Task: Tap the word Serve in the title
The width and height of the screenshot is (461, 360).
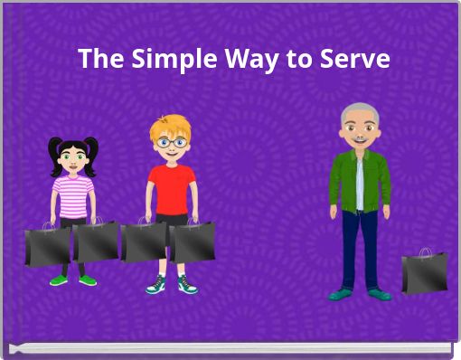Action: coord(358,59)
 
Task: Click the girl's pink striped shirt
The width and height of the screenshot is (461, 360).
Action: coord(72,195)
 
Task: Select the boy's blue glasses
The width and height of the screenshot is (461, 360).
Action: coord(171,141)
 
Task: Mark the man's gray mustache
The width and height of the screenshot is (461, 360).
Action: coord(360,140)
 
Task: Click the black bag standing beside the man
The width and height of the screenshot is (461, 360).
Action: coord(424,272)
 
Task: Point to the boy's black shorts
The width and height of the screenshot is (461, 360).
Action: coord(171,218)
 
